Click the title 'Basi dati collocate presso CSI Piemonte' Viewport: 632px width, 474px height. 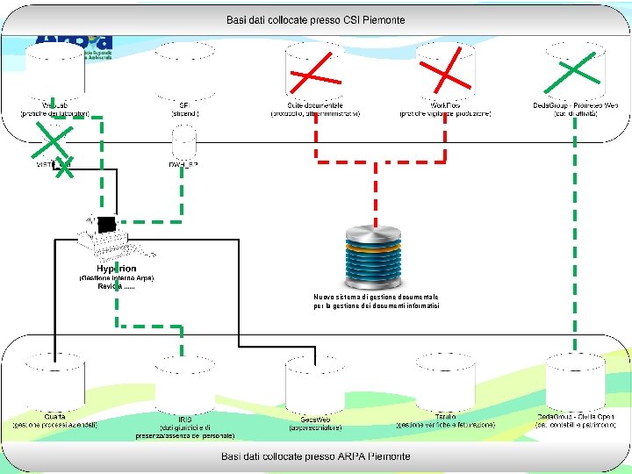click(315, 19)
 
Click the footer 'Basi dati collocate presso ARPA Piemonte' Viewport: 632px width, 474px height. click(315, 456)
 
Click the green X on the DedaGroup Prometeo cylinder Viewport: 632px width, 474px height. click(574, 68)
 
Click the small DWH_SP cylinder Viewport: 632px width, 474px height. click(184, 142)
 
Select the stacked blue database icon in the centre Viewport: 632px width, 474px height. click(375, 256)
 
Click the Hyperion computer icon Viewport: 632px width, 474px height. click(102, 235)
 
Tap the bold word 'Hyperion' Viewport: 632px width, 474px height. click(116, 269)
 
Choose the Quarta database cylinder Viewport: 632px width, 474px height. click(54, 382)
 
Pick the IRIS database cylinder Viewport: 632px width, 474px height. click(184, 382)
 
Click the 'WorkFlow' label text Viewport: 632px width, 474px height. click(445, 105)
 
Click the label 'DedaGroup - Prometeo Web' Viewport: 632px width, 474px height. click(575, 105)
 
